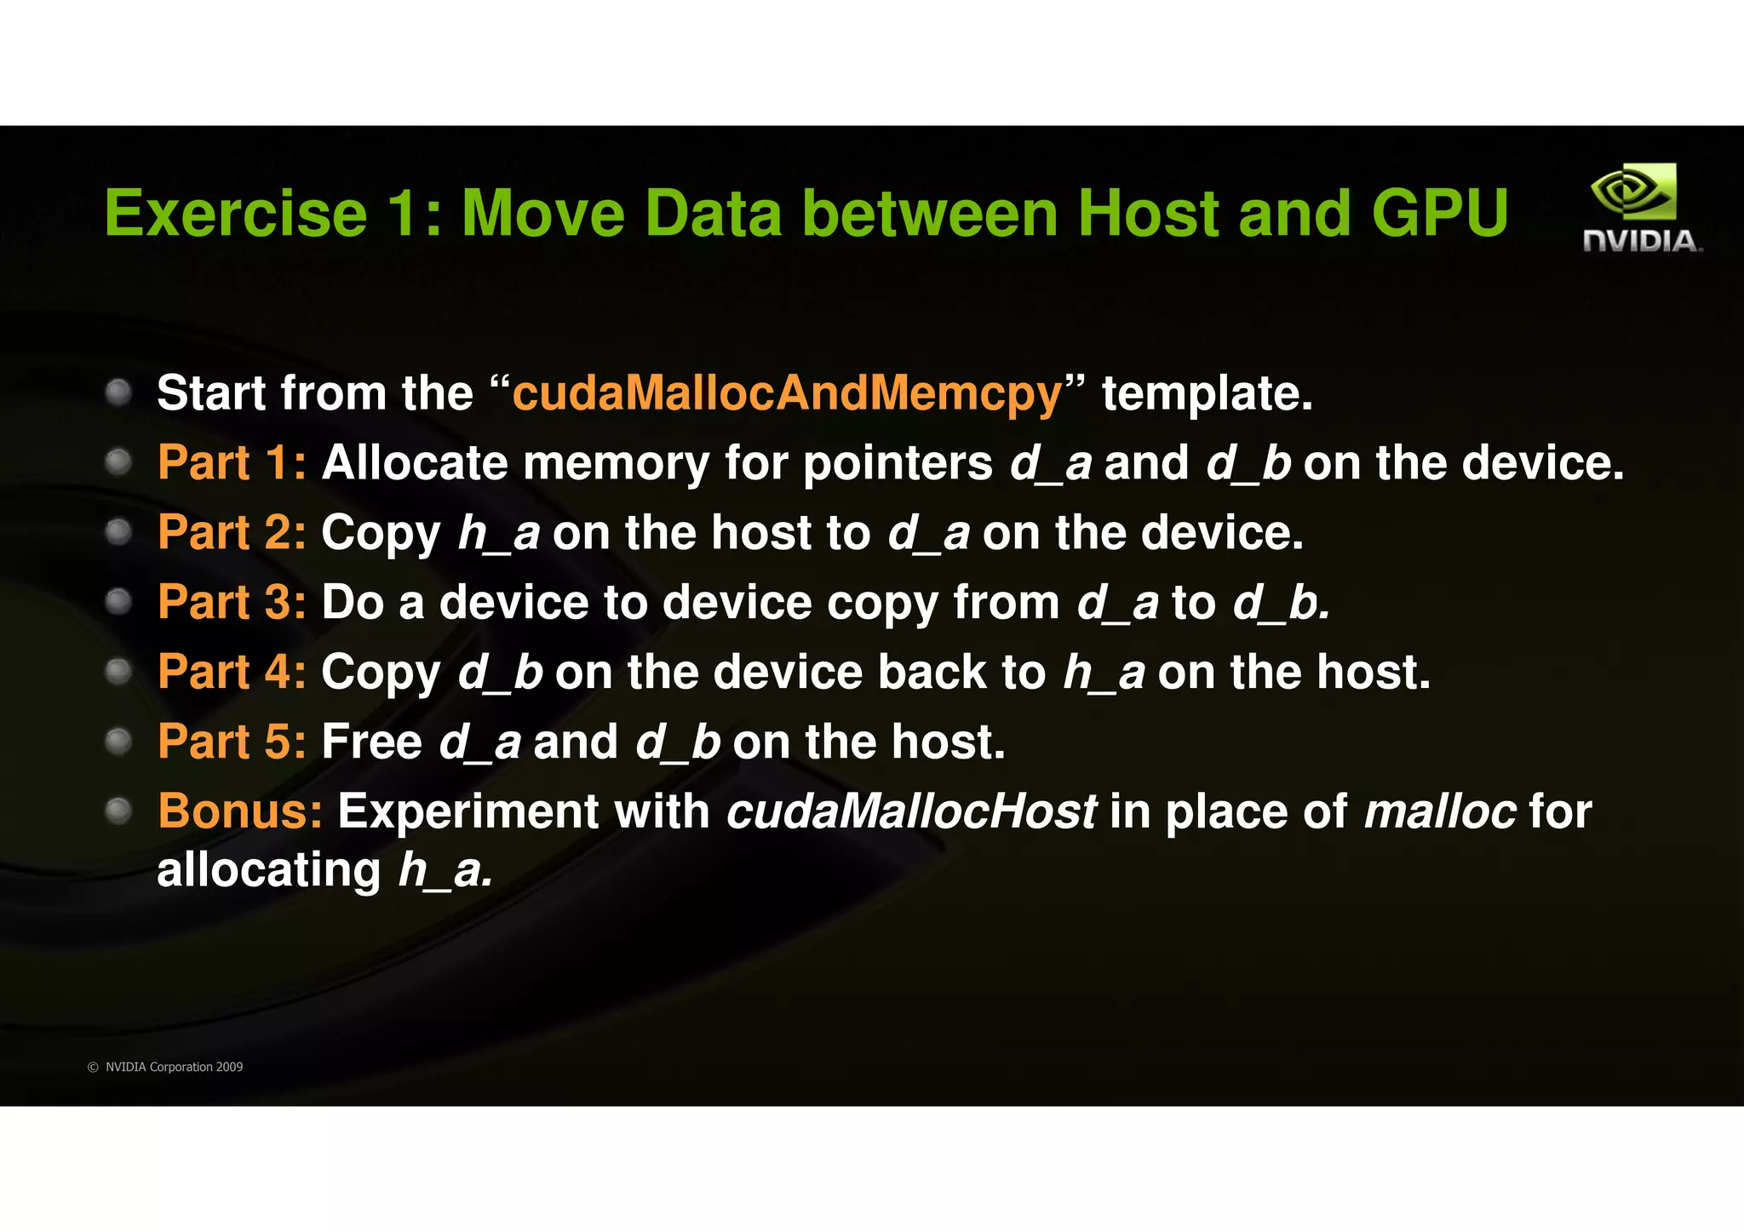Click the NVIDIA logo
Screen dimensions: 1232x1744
1641,208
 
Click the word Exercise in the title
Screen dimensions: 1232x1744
236,213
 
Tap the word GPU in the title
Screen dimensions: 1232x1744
1439,213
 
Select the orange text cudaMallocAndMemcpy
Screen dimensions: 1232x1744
787,393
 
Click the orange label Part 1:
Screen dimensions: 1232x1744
232,463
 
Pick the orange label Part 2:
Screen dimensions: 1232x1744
232,533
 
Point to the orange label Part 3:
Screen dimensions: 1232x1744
232,603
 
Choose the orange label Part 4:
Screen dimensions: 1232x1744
232,673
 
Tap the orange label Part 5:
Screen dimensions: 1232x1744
232,742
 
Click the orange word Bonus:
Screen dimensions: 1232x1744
240,811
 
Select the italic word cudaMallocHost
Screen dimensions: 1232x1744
911,811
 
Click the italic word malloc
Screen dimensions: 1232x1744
1440,811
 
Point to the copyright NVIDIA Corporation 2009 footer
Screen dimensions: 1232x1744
166,1067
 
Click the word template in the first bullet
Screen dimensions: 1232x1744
1207,393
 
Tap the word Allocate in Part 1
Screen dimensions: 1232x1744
415,463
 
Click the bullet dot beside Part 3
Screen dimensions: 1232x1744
118,602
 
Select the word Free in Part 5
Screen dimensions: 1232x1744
371,742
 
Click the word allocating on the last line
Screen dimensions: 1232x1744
269,871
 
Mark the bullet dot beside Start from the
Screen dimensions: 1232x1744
118,393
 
